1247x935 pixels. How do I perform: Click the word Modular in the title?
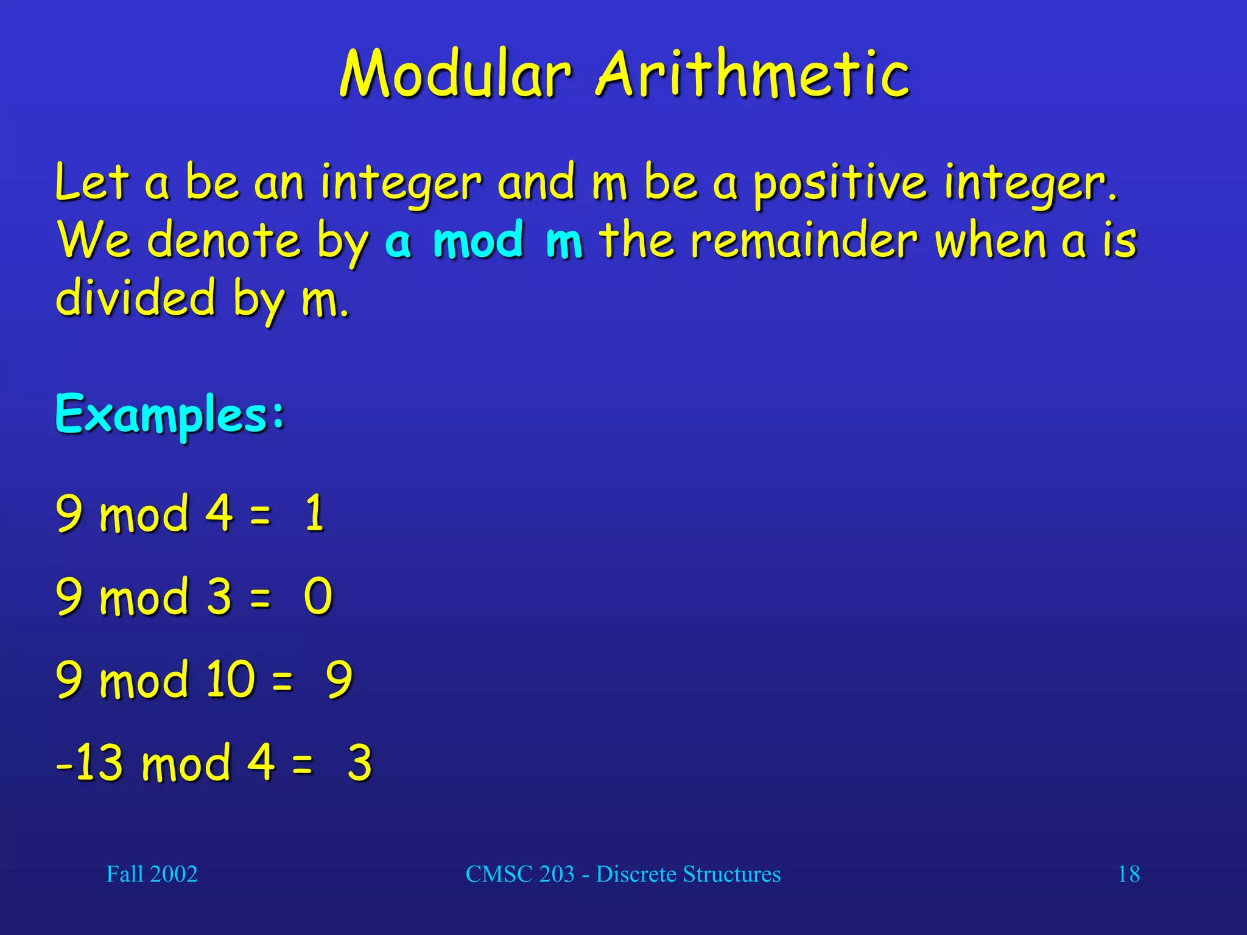(x=455, y=74)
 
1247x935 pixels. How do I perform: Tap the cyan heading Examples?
(x=170, y=415)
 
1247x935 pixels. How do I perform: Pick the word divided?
(x=136, y=298)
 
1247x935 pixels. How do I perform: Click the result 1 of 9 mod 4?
(x=314, y=513)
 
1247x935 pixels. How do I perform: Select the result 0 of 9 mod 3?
(x=318, y=596)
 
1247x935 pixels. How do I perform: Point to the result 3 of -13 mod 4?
(x=359, y=762)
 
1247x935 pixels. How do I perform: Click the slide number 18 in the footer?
(x=1128, y=874)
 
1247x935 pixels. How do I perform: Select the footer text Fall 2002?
(x=152, y=874)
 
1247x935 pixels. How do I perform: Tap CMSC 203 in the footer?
(x=519, y=874)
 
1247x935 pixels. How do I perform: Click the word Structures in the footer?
(x=731, y=874)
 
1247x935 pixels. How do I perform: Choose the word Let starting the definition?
(x=92, y=183)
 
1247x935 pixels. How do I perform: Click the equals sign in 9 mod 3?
(x=260, y=597)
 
